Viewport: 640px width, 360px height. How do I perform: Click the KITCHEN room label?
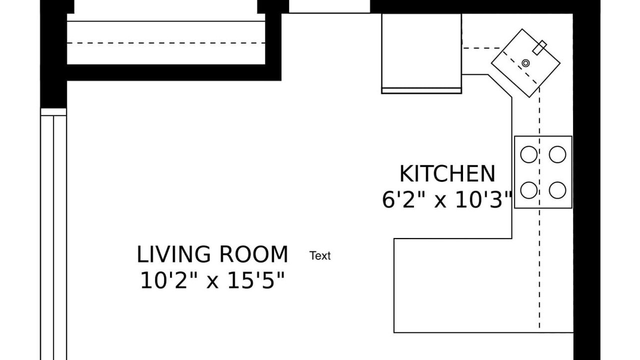447,173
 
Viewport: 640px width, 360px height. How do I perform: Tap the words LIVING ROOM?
212,254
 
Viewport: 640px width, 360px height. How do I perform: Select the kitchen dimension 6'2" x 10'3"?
446,199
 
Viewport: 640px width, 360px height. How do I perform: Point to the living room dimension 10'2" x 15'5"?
212,280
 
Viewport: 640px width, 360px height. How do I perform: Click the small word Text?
320,255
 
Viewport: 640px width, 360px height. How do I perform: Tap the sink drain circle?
525,63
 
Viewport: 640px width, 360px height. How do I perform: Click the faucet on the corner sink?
539,47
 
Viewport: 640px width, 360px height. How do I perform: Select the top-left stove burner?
528,154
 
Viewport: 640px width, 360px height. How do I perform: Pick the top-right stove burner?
557,154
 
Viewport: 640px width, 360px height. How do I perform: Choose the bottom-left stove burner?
528,190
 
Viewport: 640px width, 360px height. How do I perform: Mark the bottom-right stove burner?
557,190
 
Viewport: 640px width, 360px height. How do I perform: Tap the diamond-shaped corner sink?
525,63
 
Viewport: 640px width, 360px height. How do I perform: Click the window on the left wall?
53,234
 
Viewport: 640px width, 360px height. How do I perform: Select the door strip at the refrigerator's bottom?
421,91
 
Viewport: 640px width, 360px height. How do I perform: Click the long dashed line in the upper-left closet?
166,43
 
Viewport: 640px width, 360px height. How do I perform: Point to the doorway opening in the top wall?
329,6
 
